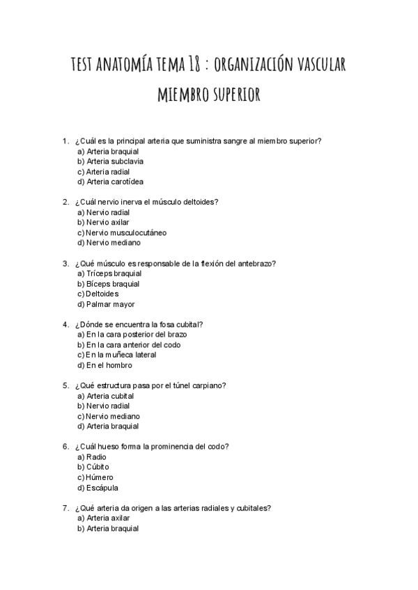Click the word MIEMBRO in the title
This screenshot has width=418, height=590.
pos(185,95)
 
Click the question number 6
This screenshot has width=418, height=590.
pos(65,447)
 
